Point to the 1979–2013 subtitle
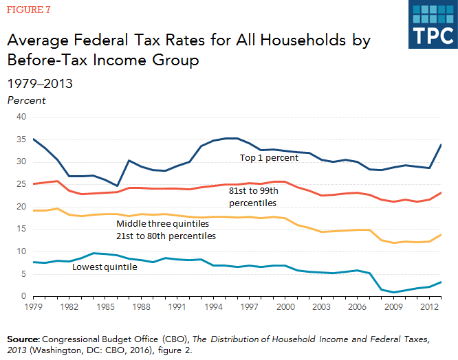(40, 84)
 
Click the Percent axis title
(26, 100)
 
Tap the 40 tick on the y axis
(21, 117)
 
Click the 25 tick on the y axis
(21, 184)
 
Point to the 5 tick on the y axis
(23, 273)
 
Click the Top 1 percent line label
(270, 158)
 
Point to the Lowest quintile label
(105, 266)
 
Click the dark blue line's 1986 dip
(118, 185)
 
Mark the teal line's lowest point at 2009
(394, 292)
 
